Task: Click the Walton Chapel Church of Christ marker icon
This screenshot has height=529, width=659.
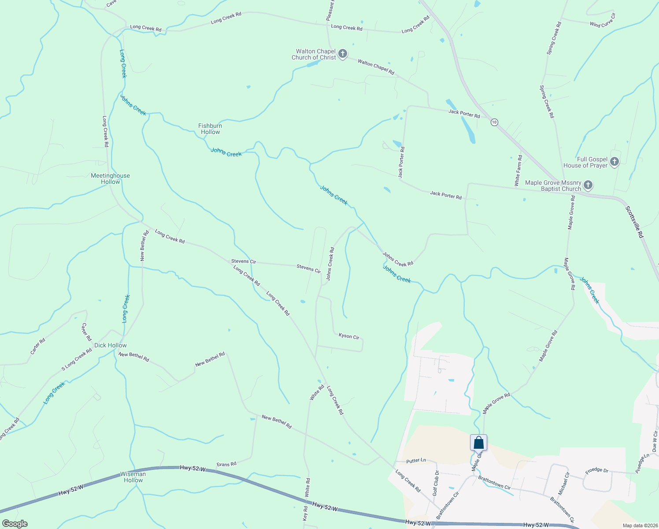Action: [343, 54]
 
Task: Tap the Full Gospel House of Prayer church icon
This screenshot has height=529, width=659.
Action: [615, 162]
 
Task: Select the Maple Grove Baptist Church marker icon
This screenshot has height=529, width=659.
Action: [588, 185]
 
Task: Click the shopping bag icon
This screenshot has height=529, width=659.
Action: [479, 443]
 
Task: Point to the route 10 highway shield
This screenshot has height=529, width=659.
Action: [495, 122]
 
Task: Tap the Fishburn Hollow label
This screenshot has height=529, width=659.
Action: [210, 129]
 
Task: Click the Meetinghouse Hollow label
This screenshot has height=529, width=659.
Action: [110, 179]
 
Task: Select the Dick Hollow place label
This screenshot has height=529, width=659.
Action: [111, 345]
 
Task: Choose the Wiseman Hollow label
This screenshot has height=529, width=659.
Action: [133, 477]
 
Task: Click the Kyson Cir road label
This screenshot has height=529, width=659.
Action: [349, 336]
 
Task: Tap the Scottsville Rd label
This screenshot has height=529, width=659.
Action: [635, 222]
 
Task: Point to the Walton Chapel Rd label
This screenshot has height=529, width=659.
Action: [376, 67]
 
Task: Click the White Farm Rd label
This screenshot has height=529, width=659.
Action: [518, 170]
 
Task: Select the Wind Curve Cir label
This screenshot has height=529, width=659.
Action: [603, 20]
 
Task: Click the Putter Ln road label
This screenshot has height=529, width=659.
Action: [416, 460]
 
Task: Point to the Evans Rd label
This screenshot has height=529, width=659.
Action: [226, 464]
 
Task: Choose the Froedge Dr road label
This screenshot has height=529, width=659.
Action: [596, 470]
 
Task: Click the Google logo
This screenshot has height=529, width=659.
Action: [15, 524]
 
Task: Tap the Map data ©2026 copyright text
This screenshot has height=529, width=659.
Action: [640, 525]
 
